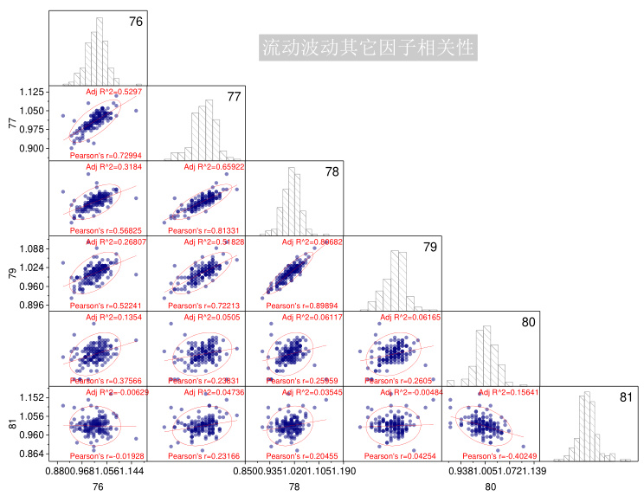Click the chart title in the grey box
pos(368,46)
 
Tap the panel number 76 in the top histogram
pos(135,22)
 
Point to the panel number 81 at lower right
pos(625,398)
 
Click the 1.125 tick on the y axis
pos(30,92)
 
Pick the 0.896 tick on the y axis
pos(30,305)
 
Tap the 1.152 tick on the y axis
pos(30,397)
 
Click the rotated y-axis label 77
pos(11,123)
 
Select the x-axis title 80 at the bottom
pos(490,488)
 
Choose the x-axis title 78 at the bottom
pos(294,488)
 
